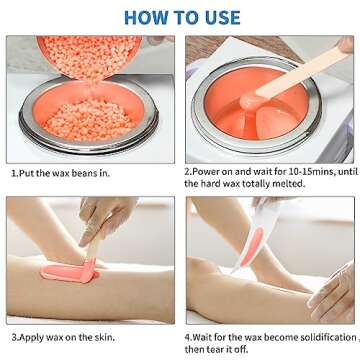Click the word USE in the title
tap(218, 17)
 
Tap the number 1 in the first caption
tap(13, 173)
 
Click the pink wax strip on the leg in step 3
tap(69, 271)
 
